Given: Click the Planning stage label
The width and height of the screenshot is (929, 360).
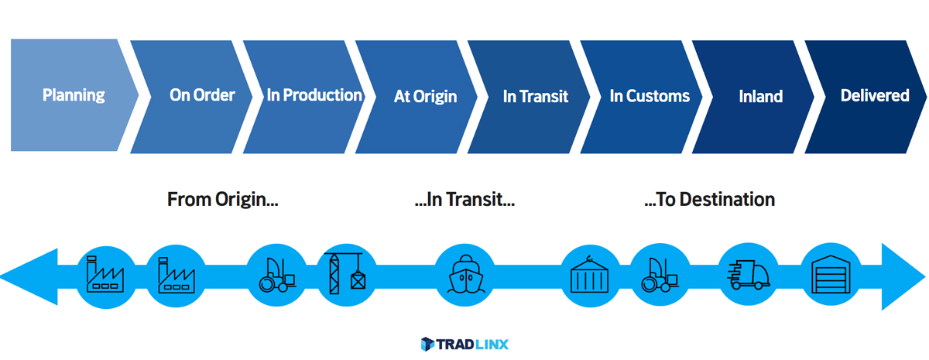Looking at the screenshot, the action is click(74, 96).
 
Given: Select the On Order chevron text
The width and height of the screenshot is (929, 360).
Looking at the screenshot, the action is click(202, 95).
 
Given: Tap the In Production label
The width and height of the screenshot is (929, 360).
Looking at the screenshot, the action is click(314, 95).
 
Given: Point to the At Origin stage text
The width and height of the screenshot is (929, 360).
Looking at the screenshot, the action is click(425, 97).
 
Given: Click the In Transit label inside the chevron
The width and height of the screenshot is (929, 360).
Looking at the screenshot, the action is click(536, 97).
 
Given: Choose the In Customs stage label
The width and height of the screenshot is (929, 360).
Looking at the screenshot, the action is click(650, 96).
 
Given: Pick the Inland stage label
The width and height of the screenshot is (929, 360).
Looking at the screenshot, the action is click(760, 97).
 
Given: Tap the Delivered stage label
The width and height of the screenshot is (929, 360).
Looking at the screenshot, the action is click(875, 96).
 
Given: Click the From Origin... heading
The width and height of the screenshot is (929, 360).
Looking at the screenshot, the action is click(223, 200).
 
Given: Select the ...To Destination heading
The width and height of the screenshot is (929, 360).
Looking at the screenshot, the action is click(710, 200).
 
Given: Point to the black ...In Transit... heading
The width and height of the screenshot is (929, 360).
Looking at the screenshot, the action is click(464, 200).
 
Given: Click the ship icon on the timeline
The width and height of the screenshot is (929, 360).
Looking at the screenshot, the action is click(465, 275).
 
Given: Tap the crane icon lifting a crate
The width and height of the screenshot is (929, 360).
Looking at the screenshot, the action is click(345, 273).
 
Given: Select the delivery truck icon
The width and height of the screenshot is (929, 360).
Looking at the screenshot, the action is click(749, 275).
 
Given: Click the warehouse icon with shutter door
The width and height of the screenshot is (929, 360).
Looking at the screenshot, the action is click(831, 275).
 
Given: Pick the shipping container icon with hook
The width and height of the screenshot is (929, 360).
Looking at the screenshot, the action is click(589, 275).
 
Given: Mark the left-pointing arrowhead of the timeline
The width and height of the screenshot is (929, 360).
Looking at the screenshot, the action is click(29, 276).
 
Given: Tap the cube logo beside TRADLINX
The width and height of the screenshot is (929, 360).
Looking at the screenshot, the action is click(427, 345).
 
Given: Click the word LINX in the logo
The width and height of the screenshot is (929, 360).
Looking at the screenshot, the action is click(492, 345).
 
